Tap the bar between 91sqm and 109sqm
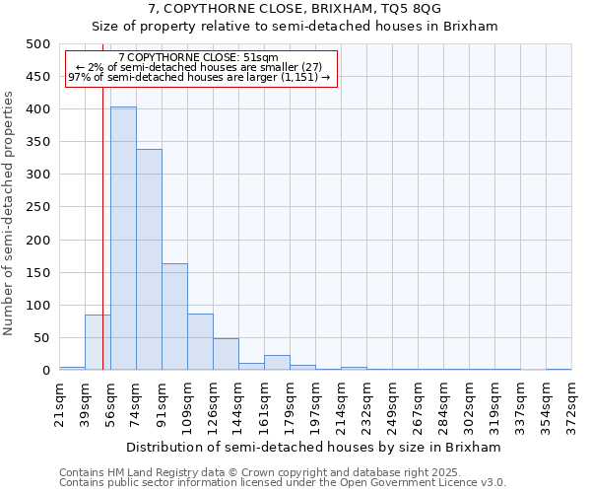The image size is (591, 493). coord(174,317)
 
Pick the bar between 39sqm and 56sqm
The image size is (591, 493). coord(98,342)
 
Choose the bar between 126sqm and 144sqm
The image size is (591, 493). coord(226,354)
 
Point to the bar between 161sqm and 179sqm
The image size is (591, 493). coord(277,362)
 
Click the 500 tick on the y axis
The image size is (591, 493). coord(37,44)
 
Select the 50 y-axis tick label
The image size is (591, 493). coord(40,338)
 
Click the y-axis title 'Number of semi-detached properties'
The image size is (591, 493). coord(9,212)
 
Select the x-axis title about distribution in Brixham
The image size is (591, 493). coord(315,447)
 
